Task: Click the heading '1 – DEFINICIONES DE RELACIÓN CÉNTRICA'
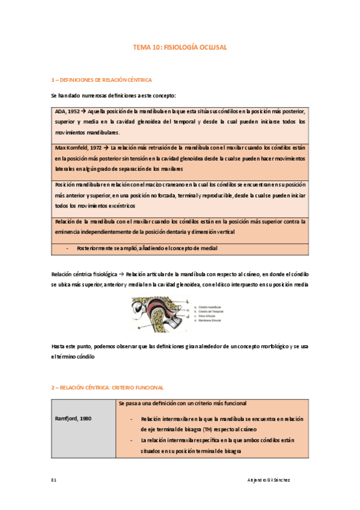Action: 102,79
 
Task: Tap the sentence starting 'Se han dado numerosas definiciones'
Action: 114,96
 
